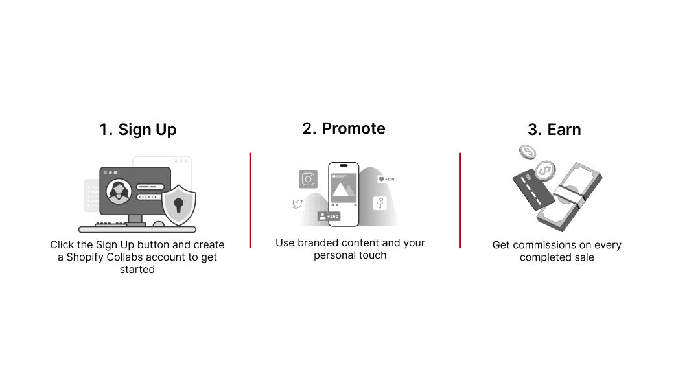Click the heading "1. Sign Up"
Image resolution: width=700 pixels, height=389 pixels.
(x=138, y=130)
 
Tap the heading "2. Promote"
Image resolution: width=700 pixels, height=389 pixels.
(x=344, y=128)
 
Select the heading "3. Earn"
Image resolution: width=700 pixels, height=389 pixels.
(x=554, y=130)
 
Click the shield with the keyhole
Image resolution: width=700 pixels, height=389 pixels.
(x=179, y=205)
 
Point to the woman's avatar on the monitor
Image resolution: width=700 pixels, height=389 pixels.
(x=119, y=192)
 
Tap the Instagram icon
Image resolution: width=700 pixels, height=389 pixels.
(x=308, y=179)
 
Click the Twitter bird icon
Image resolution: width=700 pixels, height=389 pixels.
(x=297, y=204)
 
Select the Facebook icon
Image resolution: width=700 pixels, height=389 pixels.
(x=380, y=204)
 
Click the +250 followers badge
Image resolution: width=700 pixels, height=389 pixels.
(x=329, y=217)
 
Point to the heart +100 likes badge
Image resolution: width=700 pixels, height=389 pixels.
(x=386, y=179)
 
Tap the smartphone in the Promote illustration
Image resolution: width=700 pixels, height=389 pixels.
(x=344, y=194)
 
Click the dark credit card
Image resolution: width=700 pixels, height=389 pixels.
(x=533, y=189)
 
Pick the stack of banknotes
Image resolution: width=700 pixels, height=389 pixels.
(x=569, y=197)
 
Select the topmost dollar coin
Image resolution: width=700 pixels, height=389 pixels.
(x=527, y=152)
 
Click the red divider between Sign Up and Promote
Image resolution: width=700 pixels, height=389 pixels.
(x=250, y=200)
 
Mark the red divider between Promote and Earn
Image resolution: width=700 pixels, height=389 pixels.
(x=460, y=200)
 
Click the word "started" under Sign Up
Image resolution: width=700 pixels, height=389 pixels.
(x=137, y=269)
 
